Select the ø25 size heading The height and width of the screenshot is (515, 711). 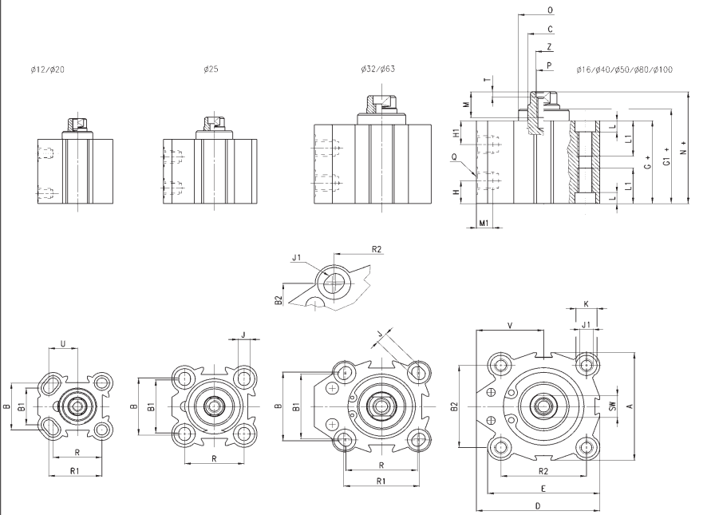pyautogui.click(x=211, y=69)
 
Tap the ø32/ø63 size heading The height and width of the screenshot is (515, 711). pyautogui.click(x=377, y=69)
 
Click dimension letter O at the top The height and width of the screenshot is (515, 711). pyautogui.click(x=551, y=10)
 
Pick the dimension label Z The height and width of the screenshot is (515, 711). pyautogui.click(x=550, y=46)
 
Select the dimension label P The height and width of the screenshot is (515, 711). pyautogui.click(x=550, y=64)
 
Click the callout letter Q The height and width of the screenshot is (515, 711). pyautogui.click(x=455, y=157)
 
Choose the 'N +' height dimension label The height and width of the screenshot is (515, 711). pyautogui.click(x=683, y=149)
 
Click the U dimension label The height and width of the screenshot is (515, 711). pyautogui.click(x=64, y=343)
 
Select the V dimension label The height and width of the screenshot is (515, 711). pyautogui.click(x=509, y=325)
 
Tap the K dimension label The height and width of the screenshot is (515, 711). pyautogui.click(x=587, y=304)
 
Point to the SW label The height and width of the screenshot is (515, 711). pyautogui.click(x=612, y=406)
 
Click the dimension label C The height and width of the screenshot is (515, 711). pyautogui.click(x=551, y=28)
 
